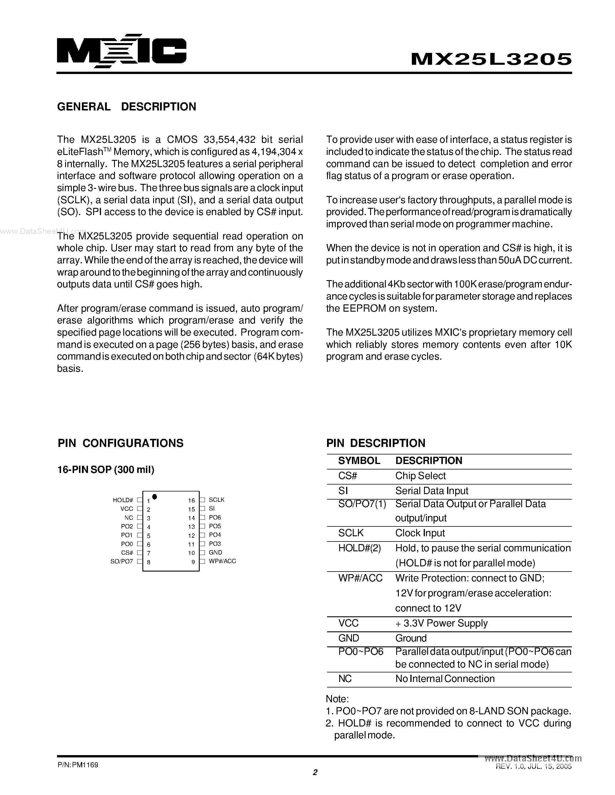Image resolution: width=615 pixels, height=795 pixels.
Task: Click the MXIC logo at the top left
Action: pyautogui.click(x=121, y=51)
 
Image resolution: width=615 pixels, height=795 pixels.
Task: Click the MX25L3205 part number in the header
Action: pyautogui.click(x=491, y=59)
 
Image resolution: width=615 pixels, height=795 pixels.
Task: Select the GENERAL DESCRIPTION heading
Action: pyautogui.click(x=126, y=107)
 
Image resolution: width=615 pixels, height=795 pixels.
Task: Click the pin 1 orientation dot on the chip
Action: pyautogui.click(x=155, y=496)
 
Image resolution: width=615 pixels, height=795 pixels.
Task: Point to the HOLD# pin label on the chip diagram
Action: pyautogui.click(x=123, y=500)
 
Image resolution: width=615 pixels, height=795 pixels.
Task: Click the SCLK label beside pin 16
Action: pyautogui.click(x=216, y=500)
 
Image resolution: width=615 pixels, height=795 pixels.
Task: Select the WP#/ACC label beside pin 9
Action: pyautogui.click(x=222, y=561)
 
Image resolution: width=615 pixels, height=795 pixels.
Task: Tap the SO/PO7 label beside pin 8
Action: pyautogui.click(x=122, y=561)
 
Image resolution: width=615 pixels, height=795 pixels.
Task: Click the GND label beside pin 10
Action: pyautogui.click(x=215, y=552)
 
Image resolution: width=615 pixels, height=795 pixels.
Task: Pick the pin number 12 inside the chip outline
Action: pyautogui.click(x=191, y=535)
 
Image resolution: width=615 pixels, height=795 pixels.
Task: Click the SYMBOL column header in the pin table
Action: pyautogui.click(x=359, y=461)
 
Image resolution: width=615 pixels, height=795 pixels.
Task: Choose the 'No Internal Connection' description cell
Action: pyautogui.click(x=445, y=678)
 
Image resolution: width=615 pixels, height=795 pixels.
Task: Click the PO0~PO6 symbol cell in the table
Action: pyautogui.click(x=361, y=651)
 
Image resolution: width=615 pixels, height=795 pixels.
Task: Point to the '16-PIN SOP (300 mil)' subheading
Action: pyautogui.click(x=106, y=469)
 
